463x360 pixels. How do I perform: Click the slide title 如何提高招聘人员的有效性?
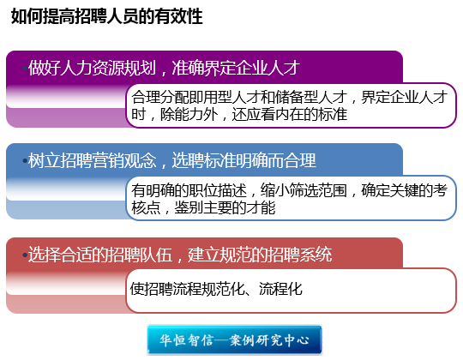click(x=106, y=16)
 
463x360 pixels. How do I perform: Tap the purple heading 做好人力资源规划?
click(x=92, y=68)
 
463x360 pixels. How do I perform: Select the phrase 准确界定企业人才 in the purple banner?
click(x=236, y=68)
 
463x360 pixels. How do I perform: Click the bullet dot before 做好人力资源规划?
click(x=25, y=69)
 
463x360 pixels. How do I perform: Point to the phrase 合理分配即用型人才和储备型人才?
click(x=238, y=97)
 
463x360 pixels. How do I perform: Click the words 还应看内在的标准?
click(x=290, y=114)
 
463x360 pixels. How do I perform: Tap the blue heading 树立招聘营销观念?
click(x=92, y=160)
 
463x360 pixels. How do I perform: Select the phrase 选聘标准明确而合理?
click(x=244, y=160)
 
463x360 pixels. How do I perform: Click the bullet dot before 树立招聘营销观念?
click(x=25, y=161)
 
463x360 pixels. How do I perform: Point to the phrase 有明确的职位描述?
click(x=189, y=190)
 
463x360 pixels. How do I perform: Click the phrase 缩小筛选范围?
click(x=304, y=190)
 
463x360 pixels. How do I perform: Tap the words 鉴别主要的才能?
click(x=225, y=207)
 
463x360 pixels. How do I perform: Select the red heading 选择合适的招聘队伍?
click(x=100, y=255)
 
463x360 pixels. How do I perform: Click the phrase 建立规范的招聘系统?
click(x=260, y=255)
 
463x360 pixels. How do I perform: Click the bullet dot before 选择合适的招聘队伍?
click(x=25, y=255)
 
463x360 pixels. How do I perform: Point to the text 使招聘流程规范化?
click(x=188, y=289)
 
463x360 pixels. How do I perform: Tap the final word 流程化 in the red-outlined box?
click(x=280, y=289)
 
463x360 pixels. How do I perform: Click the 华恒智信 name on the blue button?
click(x=186, y=340)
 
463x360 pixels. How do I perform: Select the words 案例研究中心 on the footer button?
click(x=269, y=340)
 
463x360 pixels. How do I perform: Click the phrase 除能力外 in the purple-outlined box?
click(x=189, y=114)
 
